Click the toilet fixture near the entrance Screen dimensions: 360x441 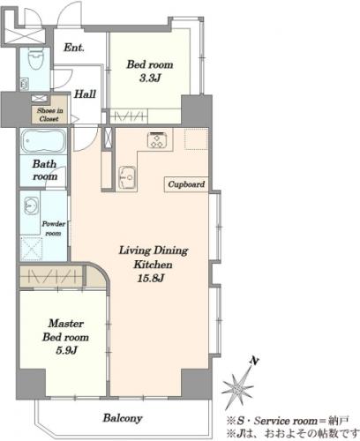click(x=35, y=59)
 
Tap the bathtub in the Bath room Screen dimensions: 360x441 click(x=43, y=141)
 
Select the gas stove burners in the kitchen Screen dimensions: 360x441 click(x=157, y=140)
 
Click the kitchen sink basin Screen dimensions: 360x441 click(x=127, y=177)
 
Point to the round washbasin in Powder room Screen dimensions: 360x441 click(x=30, y=205)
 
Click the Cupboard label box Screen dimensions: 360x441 click(x=186, y=184)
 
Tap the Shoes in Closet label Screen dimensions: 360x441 click(x=49, y=115)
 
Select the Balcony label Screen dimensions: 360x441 click(x=123, y=418)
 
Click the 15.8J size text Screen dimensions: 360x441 click(x=150, y=278)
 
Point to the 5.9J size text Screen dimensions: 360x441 click(x=66, y=350)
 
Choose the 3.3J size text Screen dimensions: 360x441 click(x=150, y=78)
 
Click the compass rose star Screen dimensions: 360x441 click(x=238, y=388)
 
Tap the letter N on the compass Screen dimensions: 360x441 click(x=254, y=360)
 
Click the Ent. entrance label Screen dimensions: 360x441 click(x=74, y=48)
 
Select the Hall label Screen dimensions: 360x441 click(x=85, y=94)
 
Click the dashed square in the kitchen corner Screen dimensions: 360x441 click(x=196, y=138)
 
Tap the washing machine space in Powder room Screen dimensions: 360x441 click(x=32, y=249)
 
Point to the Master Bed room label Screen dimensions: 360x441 click(x=65, y=330)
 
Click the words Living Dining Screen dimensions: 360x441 click(x=154, y=250)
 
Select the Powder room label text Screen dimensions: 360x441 click(x=53, y=228)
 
